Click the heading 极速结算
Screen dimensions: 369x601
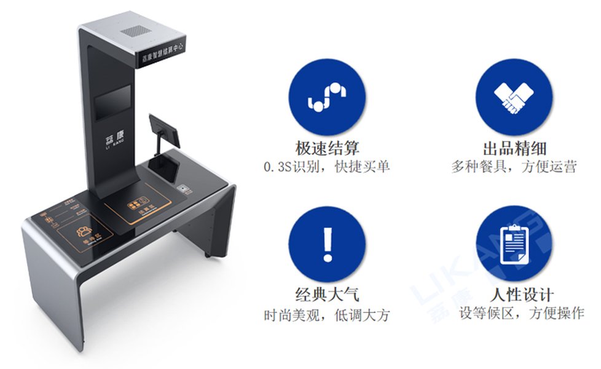point(326,148)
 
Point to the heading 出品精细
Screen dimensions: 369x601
point(514,148)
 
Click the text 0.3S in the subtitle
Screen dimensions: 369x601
point(277,167)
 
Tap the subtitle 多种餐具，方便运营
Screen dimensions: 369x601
point(514,166)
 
